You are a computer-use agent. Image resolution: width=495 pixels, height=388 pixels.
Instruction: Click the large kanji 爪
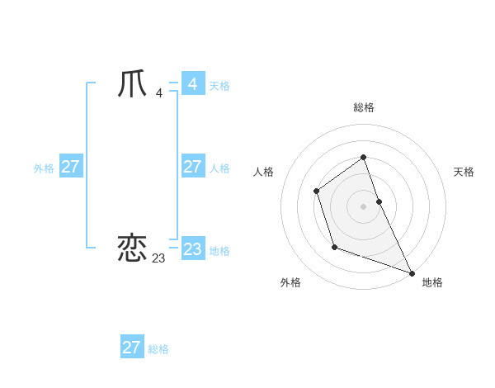[133, 84]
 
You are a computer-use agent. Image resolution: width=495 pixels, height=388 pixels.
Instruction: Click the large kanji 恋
[133, 248]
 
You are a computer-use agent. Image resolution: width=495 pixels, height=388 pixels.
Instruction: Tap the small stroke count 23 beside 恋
[158, 258]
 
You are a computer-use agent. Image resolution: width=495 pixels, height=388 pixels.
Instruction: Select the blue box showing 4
[192, 84]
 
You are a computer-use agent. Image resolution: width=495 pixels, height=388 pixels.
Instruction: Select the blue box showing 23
[192, 249]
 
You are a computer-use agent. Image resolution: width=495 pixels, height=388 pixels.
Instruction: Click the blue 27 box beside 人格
[192, 167]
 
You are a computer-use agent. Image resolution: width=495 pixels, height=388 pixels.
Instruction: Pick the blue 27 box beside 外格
[70, 167]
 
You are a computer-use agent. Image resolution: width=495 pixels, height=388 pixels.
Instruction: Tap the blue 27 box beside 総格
[131, 348]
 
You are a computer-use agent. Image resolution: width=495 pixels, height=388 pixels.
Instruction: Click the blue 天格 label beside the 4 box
[219, 86]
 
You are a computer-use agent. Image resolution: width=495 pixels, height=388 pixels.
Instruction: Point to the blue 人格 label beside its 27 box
[219, 168]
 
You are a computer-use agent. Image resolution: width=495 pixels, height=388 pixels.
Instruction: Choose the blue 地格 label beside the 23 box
[219, 251]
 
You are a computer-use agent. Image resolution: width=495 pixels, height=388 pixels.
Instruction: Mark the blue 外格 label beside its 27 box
[44, 168]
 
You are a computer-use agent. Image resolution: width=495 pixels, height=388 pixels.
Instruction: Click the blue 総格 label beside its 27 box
[158, 349]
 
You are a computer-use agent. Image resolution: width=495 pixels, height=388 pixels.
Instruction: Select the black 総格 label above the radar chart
[363, 107]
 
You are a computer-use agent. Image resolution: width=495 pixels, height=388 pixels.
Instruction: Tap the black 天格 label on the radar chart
[464, 172]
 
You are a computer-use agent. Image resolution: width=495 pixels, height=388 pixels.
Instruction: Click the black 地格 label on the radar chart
[432, 282]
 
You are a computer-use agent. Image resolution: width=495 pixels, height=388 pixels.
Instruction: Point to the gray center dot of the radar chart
[363, 206]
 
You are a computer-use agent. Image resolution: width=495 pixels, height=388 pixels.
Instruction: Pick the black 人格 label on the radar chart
[263, 172]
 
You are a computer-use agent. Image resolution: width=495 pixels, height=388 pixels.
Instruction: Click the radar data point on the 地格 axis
[412, 273]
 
